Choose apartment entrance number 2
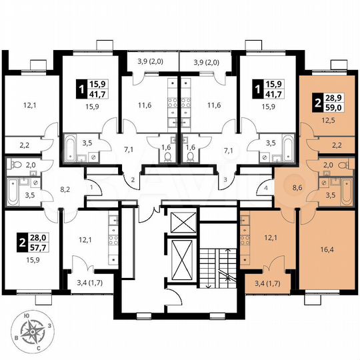pos(133,181)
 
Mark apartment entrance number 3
pos(227,181)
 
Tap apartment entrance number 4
pos(265,189)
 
